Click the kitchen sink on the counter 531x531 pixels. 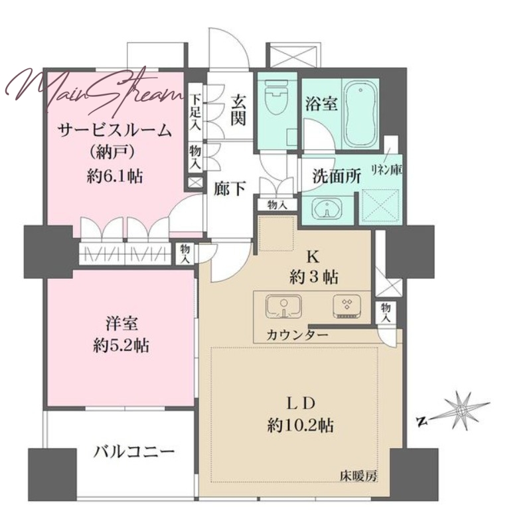pos(284,306)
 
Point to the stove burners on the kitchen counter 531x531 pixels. pos(347,306)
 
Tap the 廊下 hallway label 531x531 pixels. pos(229,189)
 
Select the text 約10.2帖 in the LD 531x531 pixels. pos(301,425)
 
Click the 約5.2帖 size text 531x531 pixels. pos(121,345)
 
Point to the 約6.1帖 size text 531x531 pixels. pos(114,176)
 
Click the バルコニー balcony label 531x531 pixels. pos(134,452)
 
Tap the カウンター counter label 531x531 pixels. pos(297,335)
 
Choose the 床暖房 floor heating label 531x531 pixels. pos(358,477)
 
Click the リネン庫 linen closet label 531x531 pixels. pos(386,169)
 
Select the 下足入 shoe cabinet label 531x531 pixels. pos(194,112)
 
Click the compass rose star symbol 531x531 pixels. pos(461,410)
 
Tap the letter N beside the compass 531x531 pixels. pos(421,421)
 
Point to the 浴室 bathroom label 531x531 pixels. pos(321,104)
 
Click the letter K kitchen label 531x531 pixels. pos(313,258)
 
